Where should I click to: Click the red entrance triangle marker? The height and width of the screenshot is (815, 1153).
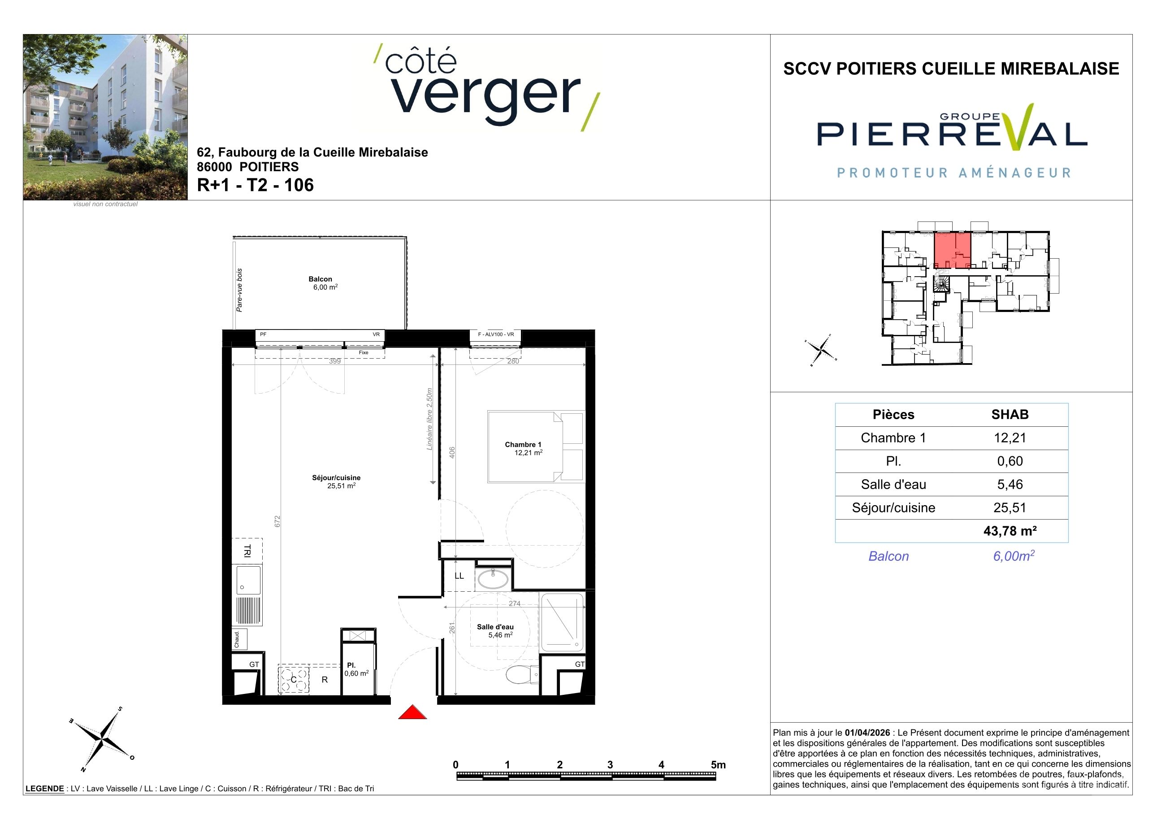click(x=412, y=712)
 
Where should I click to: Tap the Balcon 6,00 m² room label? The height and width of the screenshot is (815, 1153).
click(x=322, y=283)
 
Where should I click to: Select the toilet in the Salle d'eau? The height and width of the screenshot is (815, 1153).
click(x=522, y=674)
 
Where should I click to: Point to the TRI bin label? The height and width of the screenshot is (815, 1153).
click(x=247, y=551)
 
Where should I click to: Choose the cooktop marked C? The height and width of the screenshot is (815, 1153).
click(x=294, y=680)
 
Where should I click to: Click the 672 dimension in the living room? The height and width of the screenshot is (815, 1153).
click(x=277, y=521)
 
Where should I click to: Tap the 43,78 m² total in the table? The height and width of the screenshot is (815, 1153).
click(x=1010, y=531)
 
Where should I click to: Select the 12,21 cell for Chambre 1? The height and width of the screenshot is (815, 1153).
click(x=1010, y=438)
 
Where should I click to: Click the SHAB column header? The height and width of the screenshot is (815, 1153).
click(x=1010, y=414)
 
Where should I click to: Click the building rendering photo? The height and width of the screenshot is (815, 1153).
click(x=105, y=117)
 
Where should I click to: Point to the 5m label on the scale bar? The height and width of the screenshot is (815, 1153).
click(x=718, y=765)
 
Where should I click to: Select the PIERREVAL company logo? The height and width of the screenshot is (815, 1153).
click(x=952, y=140)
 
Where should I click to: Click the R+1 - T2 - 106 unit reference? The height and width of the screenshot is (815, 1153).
click(x=255, y=185)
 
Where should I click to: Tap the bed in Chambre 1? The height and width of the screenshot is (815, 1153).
click(x=536, y=447)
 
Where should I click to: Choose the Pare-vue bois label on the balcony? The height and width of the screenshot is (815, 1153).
click(x=239, y=290)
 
